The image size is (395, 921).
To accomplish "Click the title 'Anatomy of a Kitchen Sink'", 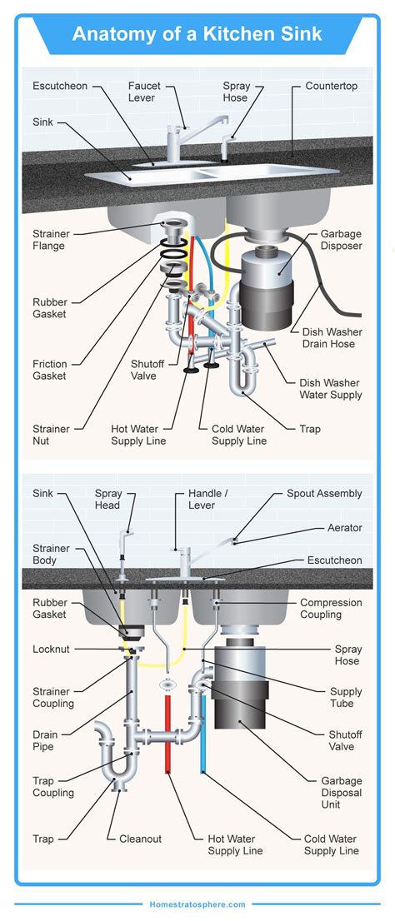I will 197,34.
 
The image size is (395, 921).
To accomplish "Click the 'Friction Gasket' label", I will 50,371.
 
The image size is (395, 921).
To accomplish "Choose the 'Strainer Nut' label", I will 50,435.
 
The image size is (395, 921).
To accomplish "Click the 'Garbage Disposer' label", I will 341,241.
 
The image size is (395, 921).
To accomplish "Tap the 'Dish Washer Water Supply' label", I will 331,389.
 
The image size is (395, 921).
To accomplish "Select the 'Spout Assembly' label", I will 324,494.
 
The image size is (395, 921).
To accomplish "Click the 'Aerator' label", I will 344,528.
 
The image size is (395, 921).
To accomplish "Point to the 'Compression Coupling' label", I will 331,609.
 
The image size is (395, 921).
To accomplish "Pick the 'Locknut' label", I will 51,648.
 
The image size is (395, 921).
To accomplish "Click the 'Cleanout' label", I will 140,839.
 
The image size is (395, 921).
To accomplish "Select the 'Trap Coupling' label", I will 52,787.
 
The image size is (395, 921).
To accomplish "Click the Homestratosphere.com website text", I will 197,904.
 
